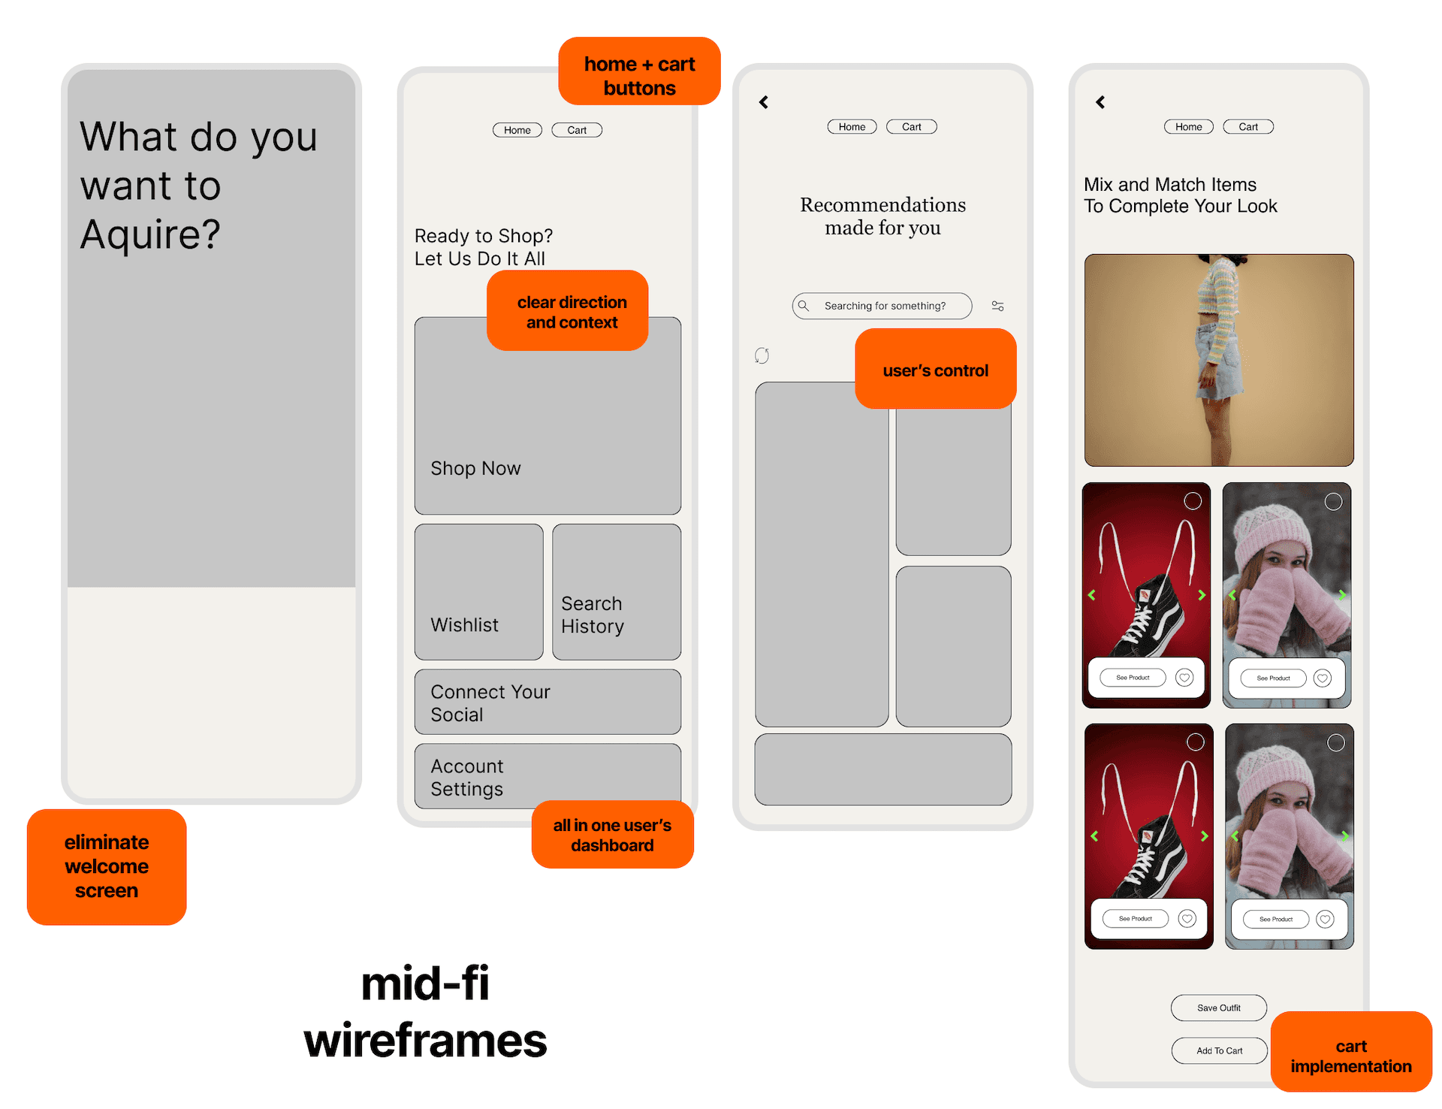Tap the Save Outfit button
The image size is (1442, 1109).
(1218, 1008)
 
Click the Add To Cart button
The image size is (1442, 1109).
(1219, 1050)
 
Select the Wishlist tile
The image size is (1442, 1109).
(479, 592)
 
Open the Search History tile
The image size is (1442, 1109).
(617, 592)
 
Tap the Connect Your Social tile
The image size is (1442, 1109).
(548, 702)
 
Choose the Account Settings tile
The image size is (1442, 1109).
(548, 776)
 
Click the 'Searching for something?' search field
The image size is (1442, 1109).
(882, 306)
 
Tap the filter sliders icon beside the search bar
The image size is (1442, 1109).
(997, 306)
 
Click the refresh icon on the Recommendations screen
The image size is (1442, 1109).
(762, 355)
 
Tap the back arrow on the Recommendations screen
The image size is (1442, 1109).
(764, 102)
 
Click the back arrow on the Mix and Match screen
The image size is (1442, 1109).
(1100, 102)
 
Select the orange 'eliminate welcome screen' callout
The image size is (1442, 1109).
(107, 866)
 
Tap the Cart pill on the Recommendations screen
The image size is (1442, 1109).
(912, 127)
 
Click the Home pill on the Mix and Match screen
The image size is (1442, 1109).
(1189, 127)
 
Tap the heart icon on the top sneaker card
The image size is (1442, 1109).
(1184, 678)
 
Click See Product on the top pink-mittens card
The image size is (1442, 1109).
(1273, 678)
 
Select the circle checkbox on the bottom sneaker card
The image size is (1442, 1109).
(1195, 742)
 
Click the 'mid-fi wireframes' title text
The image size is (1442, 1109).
(425, 1011)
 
